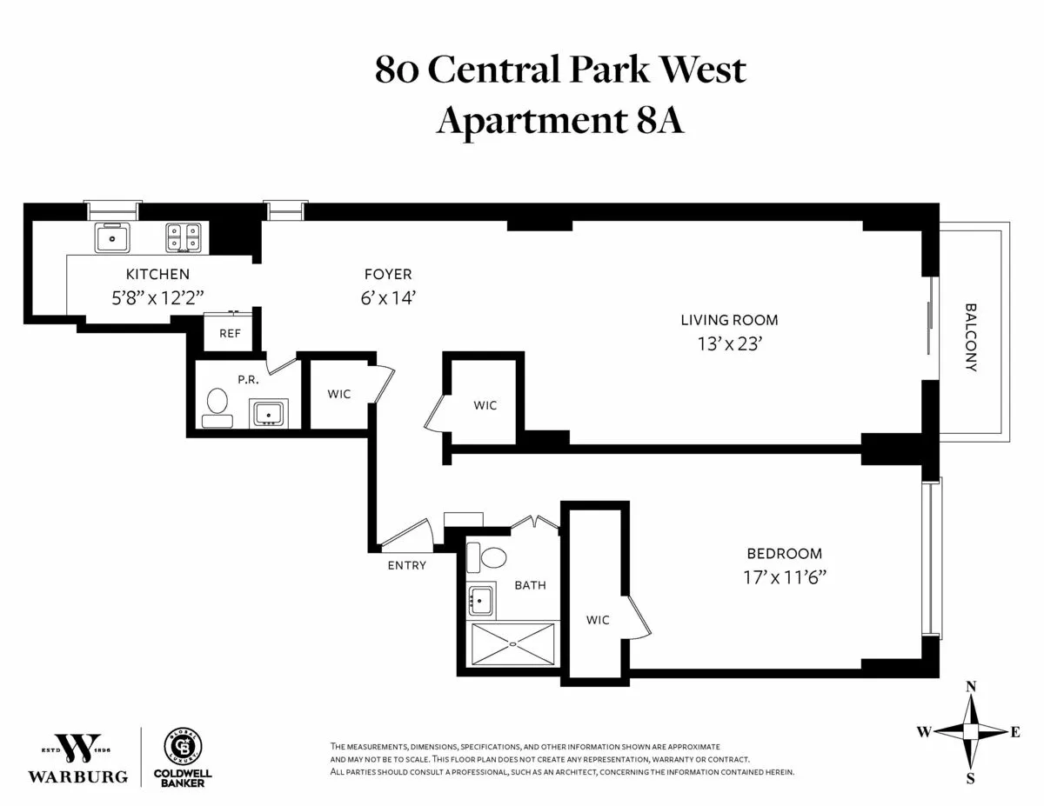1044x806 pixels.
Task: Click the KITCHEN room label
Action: point(157,274)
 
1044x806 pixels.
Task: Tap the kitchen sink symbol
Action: point(112,237)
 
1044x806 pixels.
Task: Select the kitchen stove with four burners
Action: point(184,237)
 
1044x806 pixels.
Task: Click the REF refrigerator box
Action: point(230,333)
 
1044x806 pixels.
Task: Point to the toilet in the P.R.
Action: point(217,406)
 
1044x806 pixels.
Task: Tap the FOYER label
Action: point(388,274)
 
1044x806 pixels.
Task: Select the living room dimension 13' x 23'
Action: point(729,343)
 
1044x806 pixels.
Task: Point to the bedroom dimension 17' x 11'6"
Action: point(784,576)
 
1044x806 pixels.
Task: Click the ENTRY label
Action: point(406,565)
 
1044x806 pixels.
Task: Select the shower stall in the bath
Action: point(513,645)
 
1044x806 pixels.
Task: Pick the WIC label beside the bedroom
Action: point(598,620)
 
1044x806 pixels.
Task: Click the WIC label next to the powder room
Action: point(339,394)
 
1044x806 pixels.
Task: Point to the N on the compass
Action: point(971,687)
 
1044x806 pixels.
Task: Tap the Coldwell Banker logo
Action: point(184,756)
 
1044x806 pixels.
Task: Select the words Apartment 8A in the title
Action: point(559,120)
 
